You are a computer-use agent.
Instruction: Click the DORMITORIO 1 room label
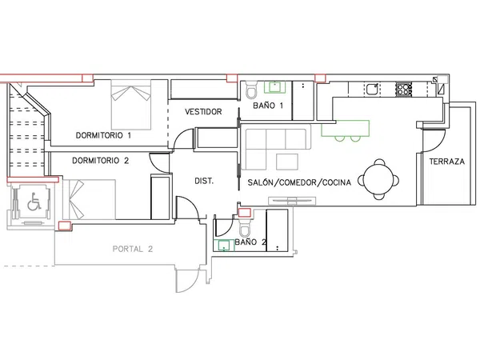(103, 135)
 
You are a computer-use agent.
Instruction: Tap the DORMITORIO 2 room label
(101, 161)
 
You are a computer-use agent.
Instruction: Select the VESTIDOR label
(203, 112)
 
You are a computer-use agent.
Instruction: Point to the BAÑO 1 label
(268, 106)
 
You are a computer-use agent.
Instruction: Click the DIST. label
(204, 181)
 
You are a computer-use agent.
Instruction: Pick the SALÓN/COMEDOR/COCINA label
(299, 182)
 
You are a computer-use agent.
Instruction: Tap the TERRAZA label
(447, 162)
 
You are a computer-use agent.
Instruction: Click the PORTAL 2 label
(133, 249)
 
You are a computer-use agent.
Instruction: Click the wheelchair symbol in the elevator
(34, 202)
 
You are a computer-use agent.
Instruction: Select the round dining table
(379, 178)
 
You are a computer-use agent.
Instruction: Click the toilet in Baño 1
(252, 90)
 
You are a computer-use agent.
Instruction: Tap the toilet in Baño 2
(245, 228)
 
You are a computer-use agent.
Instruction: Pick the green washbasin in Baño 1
(275, 87)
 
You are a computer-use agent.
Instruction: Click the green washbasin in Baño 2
(226, 246)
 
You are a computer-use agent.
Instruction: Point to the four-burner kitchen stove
(404, 89)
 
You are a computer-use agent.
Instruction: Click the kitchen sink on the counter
(373, 89)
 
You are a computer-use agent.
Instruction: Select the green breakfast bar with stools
(346, 130)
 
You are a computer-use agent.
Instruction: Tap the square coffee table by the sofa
(287, 162)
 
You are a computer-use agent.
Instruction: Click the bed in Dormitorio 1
(131, 104)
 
